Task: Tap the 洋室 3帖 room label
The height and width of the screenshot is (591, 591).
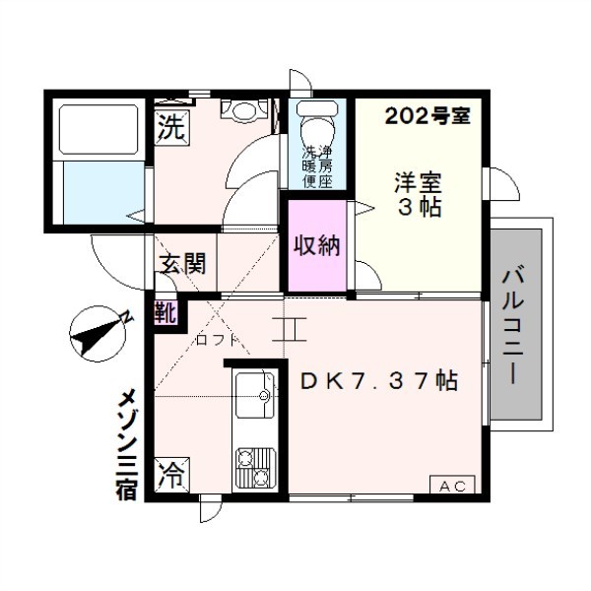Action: click(419, 195)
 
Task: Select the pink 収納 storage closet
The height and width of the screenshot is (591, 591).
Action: click(316, 245)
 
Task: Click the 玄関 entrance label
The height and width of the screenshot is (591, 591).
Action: click(183, 263)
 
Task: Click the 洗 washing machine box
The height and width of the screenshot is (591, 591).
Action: click(171, 126)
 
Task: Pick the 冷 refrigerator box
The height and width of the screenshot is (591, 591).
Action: click(171, 477)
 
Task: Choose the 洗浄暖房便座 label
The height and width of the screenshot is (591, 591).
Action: click(317, 166)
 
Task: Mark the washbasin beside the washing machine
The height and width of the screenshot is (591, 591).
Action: click(240, 108)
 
